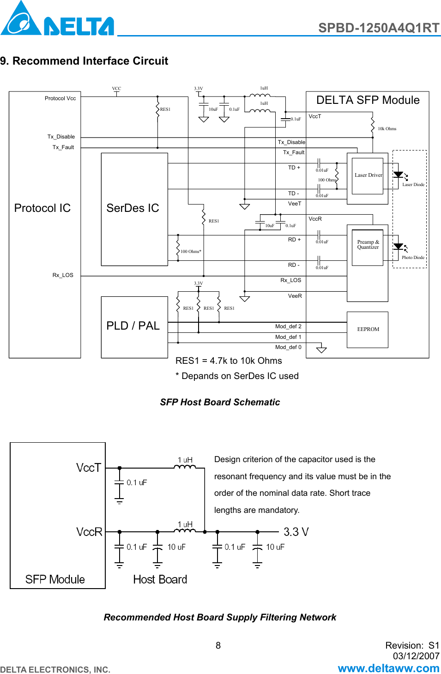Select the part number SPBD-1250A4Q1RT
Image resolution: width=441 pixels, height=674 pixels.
pyautogui.click(x=378, y=28)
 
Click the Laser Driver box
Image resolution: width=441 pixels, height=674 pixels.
pyautogui.click(x=368, y=175)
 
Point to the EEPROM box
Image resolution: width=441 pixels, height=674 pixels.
pyautogui.click(x=368, y=330)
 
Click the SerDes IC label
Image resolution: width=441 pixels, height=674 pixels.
pyautogui.click(x=133, y=208)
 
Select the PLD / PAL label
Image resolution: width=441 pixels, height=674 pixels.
pyautogui.click(x=133, y=326)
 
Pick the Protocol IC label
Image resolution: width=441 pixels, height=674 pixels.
pyautogui.click(x=42, y=208)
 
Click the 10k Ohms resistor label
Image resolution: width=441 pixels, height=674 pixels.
pyautogui.click(x=387, y=129)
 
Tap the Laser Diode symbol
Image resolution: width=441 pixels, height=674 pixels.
pyautogui.click(x=399, y=175)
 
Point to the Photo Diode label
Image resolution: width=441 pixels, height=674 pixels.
pyautogui.click(x=413, y=258)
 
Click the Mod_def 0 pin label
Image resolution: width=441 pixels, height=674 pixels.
pyautogui.click(x=288, y=347)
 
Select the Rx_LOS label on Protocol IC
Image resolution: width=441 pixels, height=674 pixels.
pyautogui.click(x=63, y=275)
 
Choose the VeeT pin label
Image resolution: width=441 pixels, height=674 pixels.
pyautogui.click(x=295, y=204)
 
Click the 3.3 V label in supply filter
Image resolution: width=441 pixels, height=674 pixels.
pyautogui.click(x=296, y=532)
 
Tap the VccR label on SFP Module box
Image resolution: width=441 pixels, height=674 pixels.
pyautogui.click(x=89, y=532)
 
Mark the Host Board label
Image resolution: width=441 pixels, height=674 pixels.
pyautogui.click(x=160, y=580)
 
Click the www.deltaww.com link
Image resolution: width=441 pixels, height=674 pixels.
pyautogui.click(x=388, y=668)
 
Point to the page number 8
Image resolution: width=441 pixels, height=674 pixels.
pyautogui.click(x=218, y=645)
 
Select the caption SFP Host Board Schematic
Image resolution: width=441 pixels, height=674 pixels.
pyautogui.click(x=220, y=402)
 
